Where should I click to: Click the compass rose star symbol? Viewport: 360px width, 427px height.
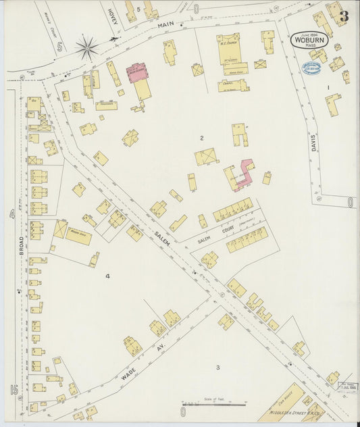coord(86,47)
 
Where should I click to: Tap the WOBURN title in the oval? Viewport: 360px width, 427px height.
coord(310,40)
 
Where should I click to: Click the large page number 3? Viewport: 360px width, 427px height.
coord(344,16)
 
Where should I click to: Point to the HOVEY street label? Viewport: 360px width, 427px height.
coord(113,16)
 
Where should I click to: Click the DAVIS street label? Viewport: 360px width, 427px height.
coord(315,139)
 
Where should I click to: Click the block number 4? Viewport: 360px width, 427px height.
coord(107,276)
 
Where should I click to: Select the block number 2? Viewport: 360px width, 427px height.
coord(201,138)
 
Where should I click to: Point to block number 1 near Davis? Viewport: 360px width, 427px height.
coord(328,88)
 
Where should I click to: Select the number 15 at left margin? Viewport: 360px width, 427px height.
coord(13,390)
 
